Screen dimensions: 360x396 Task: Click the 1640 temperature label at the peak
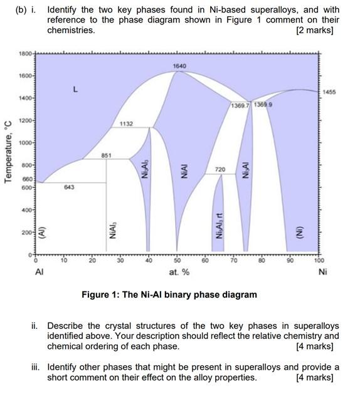pyautogui.click(x=179, y=66)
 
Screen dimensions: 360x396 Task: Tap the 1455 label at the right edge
pyautogui.click(x=331, y=92)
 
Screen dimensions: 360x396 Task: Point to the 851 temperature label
pyautogui.click(x=107, y=155)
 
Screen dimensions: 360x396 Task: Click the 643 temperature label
pyautogui.click(x=68, y=187)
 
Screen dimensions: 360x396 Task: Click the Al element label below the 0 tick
pyautogui.click(x=39, y=273)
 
